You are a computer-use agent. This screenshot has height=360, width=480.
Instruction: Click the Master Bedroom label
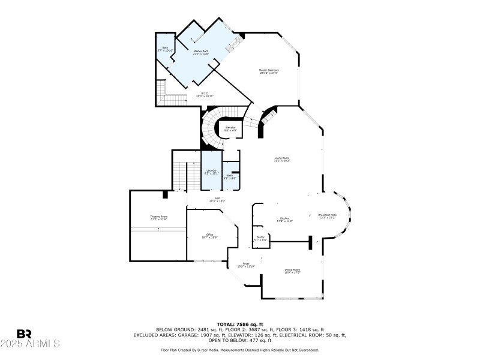pyautogui.click(x=269, y=71)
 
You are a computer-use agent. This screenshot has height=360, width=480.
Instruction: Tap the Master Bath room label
pyautogui.click(x=201, y=53)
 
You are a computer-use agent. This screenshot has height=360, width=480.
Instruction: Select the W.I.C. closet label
pyautogui.click(x=205, y=94)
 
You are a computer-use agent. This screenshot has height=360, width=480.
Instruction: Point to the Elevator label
pyautogui.click(x=230, y=129)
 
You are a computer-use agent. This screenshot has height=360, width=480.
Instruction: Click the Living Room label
pyautogui.click(x=282, y=159)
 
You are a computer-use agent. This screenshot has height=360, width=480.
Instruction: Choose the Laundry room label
pyautogui.click(x=211, y=172)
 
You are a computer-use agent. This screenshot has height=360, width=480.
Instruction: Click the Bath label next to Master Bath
pyautogui.click(x=165, y=49)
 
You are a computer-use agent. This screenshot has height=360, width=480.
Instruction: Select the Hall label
pyautogui.click(x=217, y=200)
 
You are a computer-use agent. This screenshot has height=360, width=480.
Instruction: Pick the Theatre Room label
pyautogui.click(x=158, y=217)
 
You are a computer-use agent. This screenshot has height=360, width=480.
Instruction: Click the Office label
pyautogui.click(x=209, y=236)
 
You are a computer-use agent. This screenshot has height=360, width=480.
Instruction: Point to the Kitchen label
pyautogui.click(x=284, y=220)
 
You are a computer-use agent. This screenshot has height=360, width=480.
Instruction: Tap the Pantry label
pyautogui.click(x=260, y=239)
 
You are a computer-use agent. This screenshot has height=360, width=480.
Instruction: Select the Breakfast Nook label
pyautogui.click(x=327, y=216)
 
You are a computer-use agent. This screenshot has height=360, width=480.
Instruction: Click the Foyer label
pyautogui.click(x=246, y=265)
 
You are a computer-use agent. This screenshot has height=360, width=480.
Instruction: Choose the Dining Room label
pyautogui.click(x=292, y=271)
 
